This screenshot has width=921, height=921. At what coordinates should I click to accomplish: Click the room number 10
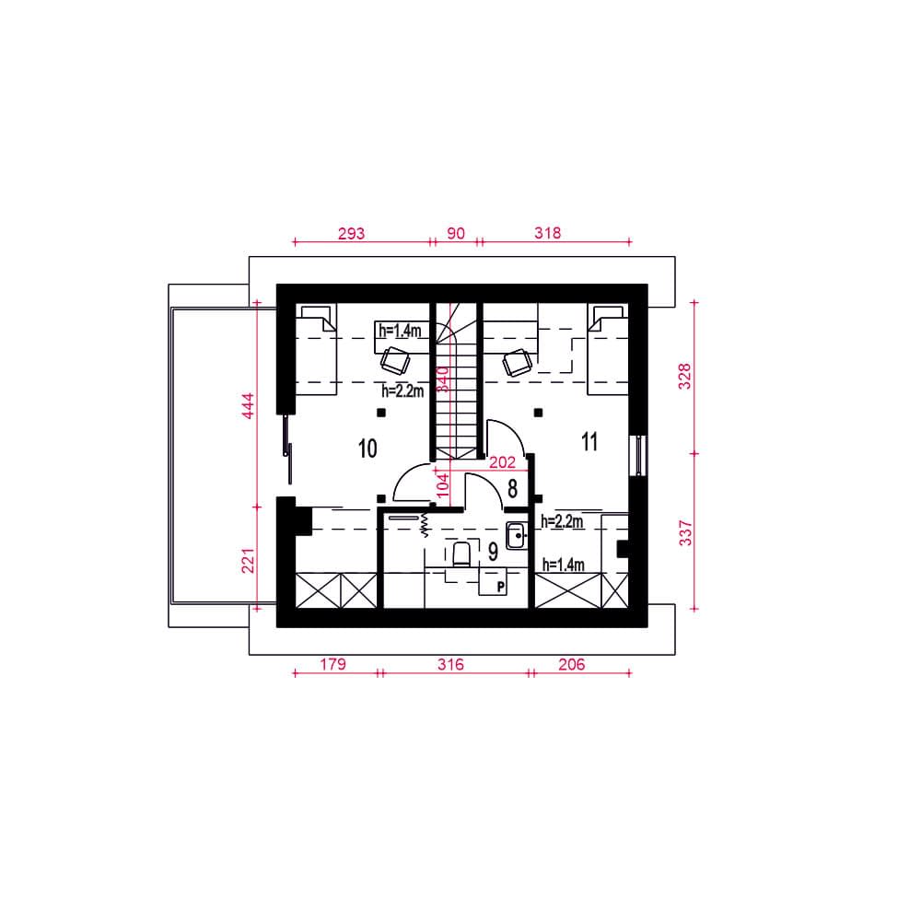[x=367, y=449]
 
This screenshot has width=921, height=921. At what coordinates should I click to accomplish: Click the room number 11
[x=589, y=441]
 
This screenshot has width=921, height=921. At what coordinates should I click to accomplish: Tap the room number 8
[x=512, y=489]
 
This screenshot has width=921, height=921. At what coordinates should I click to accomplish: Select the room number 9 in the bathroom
[x=493, y=552]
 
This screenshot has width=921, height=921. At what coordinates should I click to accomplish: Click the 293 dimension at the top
[x=351, y=234]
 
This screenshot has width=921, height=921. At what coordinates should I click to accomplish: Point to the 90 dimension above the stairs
[x=456, y=233]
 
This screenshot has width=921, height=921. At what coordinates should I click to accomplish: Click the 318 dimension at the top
[x=547, y=233]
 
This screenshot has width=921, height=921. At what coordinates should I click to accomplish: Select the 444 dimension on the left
[x=249, y=406]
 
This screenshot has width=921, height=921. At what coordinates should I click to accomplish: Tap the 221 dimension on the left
[x=249, y=561]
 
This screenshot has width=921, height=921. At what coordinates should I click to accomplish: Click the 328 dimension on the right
[x=685, y=377]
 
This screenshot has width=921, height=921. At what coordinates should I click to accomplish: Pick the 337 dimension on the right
[x=685, y=533]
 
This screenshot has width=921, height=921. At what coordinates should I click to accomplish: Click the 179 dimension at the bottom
[x=333, y=664]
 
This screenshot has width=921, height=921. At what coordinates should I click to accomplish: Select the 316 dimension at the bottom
[x=450, y=664]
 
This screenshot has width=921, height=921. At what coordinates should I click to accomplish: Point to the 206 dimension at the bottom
[x=572, y=664]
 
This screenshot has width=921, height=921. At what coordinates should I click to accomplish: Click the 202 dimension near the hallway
[x=502, y=463]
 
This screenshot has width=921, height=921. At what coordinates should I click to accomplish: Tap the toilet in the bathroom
[x=461, y=554]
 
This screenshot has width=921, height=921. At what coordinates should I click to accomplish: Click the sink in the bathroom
[x=517, y=535]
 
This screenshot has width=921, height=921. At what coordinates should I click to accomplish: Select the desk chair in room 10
[x=395, y=361]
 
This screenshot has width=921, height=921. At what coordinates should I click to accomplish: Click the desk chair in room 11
[x=518, y=362]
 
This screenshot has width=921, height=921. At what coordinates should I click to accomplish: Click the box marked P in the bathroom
[x=494, y=581]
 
